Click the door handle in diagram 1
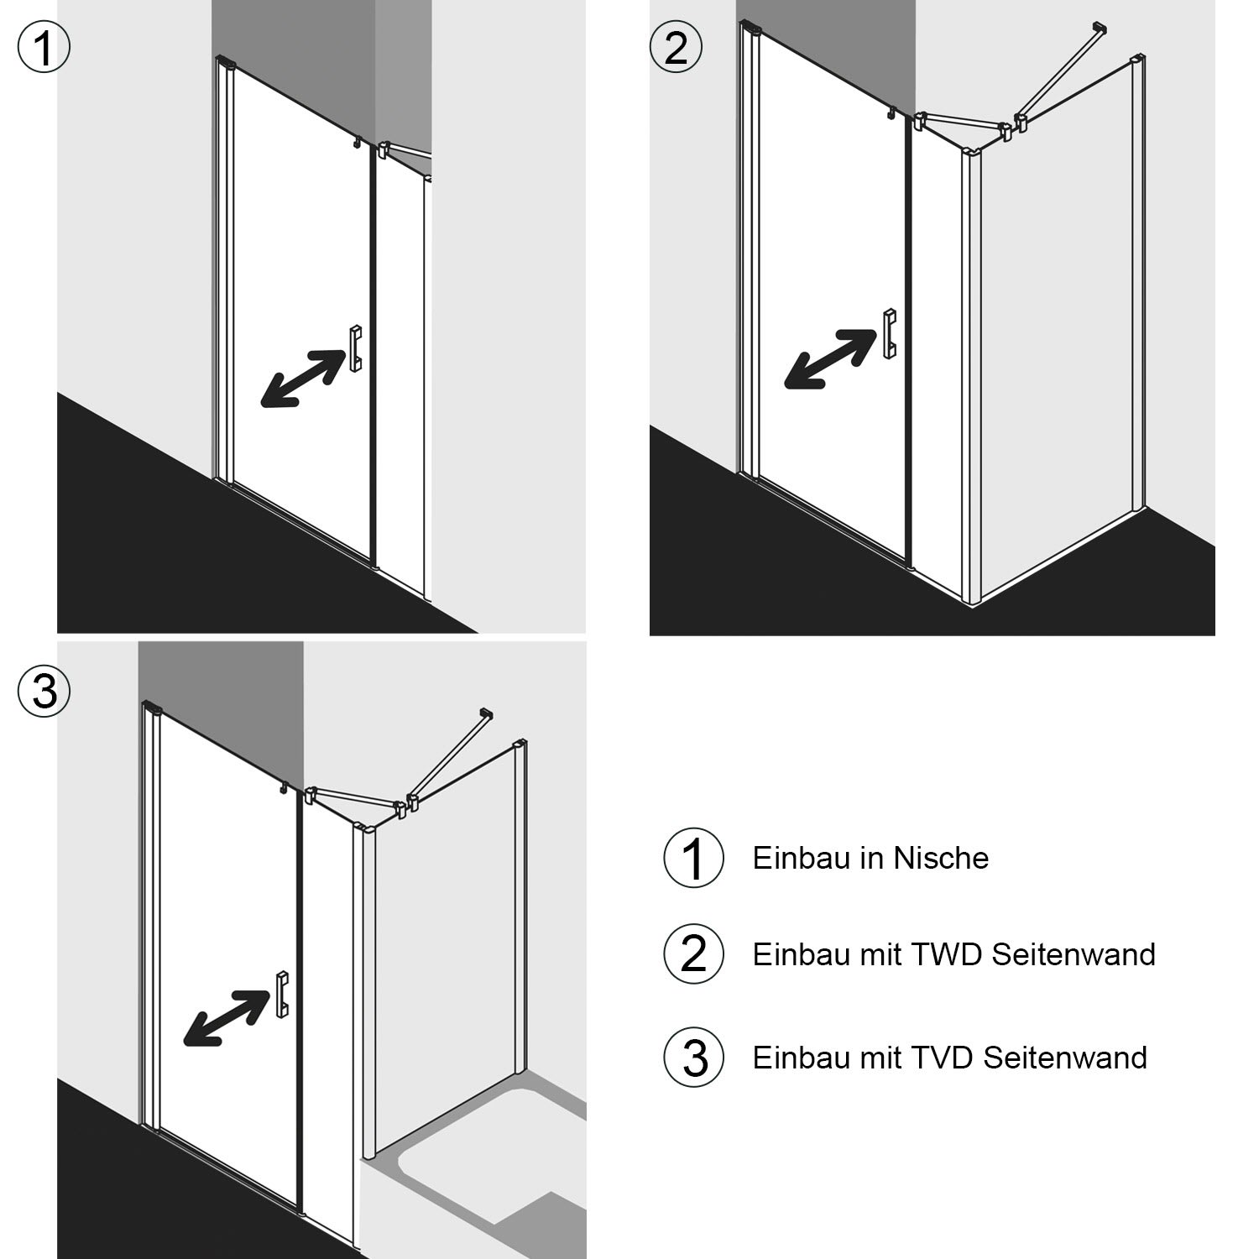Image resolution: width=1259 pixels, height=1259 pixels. click(356, 348)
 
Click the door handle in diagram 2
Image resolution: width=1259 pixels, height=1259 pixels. click(889, 333)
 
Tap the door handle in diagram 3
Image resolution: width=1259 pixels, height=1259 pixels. click(282, 994)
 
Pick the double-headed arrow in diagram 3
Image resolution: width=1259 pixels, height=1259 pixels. click(226, 1018)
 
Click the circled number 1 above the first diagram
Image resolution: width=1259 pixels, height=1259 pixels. click(44, 47)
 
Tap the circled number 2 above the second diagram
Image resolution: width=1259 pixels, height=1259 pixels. click(676, 47)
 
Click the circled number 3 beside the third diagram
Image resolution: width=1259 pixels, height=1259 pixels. click(44, 692)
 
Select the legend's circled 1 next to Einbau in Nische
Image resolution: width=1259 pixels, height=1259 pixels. click(693, 858)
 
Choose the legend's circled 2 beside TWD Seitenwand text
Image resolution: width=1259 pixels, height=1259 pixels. click(693, 954)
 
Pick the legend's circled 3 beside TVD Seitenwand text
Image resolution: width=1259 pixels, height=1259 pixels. click(693, 1057)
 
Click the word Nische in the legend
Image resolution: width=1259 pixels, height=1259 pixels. click(941, 858)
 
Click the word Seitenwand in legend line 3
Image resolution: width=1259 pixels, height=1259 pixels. click(1065, 1057)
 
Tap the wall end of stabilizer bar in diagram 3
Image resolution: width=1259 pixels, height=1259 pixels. click(484, 714)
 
